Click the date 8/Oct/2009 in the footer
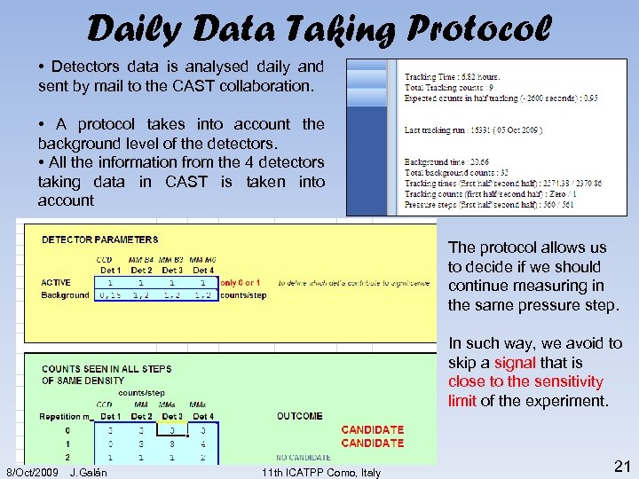(x=33, y=472)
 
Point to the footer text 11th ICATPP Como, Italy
(x=321, y=472)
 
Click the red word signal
(x=515, y=362)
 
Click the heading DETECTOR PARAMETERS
(x=100, y=239)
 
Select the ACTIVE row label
(x=56, y=283)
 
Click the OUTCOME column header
(x=299, y=416)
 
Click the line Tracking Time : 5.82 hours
(x=452, y=78)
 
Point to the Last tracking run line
(x=473, y=130)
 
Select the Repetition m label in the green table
(x=66, y=416)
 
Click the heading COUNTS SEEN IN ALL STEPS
(x=106, y=368)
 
